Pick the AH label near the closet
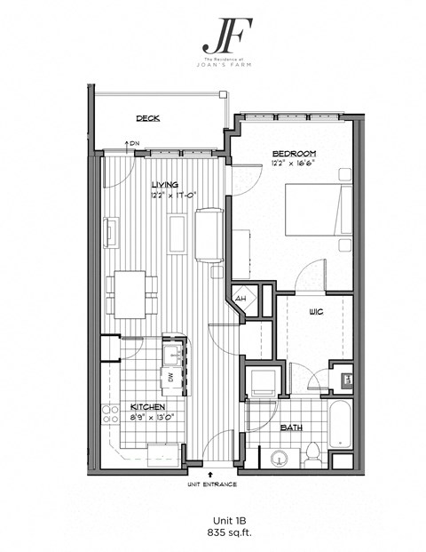(241, 299)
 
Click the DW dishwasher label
(169, 377)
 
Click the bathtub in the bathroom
(341, 428)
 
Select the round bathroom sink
(279, 459)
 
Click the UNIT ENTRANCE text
(211, 485)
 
